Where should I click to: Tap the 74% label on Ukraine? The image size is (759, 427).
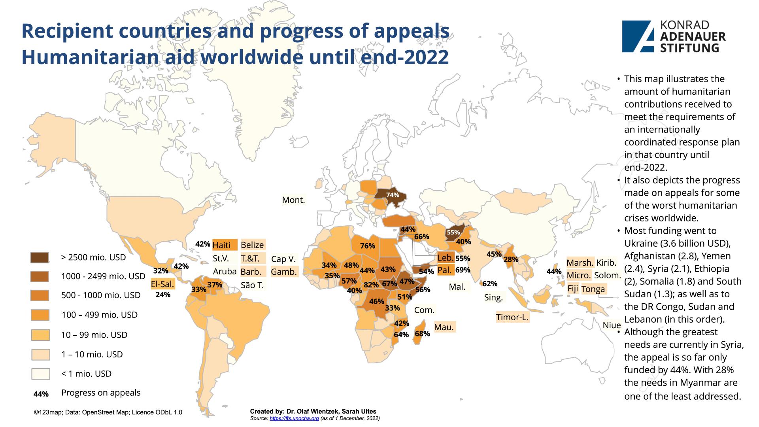click(393, 195)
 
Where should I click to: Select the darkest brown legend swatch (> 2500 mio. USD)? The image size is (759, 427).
click(40, 258)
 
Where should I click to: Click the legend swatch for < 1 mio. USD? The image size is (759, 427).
click(40, 374)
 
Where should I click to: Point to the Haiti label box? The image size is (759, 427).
click(225, 245)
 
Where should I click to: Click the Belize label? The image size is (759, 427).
click(252, 245)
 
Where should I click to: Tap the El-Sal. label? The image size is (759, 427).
click(162, 284)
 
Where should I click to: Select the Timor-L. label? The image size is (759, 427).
click(512, 317)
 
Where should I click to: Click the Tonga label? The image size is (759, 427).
click(593, 289)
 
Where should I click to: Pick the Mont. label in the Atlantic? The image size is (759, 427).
click(293, 200)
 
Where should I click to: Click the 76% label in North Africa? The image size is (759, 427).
click(367, 246)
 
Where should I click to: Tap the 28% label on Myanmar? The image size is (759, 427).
click(511, 260)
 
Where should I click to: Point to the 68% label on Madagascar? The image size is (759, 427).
click(422, 334)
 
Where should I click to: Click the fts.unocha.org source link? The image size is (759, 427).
click(294, 418)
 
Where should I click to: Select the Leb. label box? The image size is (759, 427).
click(445, 258)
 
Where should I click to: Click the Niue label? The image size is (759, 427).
click(612, 325)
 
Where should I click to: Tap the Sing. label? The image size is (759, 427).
click(493, 297)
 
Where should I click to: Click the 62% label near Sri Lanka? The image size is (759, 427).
click(490, 283)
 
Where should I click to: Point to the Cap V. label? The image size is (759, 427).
click(283, 259)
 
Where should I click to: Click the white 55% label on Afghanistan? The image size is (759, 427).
click(453, 232)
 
